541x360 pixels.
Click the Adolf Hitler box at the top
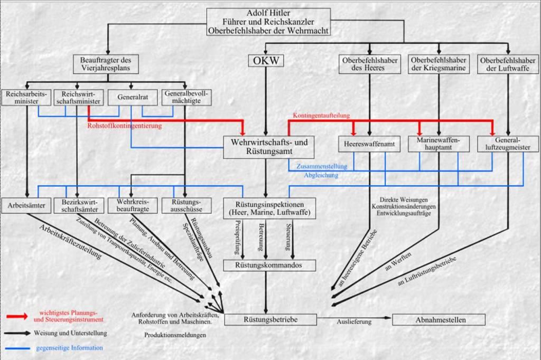(x=268, y=22)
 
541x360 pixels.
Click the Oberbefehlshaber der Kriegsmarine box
(x=439, y=64)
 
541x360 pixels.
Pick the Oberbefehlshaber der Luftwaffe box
(x=508, y=64)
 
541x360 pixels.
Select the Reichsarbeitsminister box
(x=26, y=97)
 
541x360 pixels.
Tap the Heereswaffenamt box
(x=369, y=144)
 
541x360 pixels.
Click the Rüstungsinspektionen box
(x=269, y=208)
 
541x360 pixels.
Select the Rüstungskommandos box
(x=269, y=265)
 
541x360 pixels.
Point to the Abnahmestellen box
(x=439, y=319)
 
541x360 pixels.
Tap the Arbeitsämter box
(x=26, y=205)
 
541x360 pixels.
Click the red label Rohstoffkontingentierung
(x=125, y=126)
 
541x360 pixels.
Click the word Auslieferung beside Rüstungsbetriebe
(x=354, y=321)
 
